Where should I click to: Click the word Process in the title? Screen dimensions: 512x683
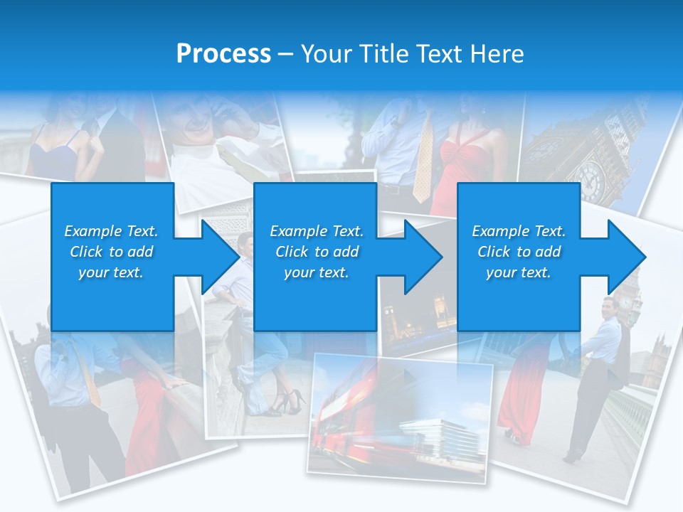223,54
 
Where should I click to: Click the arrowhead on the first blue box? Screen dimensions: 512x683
222,257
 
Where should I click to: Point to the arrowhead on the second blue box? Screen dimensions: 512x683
424,257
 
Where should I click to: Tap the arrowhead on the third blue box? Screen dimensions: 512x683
627,257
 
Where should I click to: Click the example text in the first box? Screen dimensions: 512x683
112,252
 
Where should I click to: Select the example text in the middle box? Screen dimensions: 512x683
317,252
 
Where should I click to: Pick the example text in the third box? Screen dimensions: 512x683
519,252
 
